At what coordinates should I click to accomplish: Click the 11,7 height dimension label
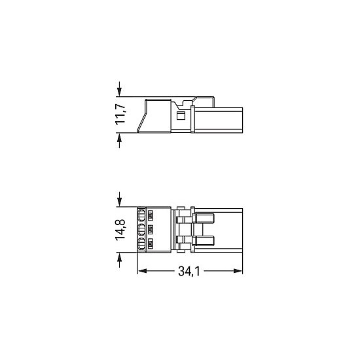pos(120,115)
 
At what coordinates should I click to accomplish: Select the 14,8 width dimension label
pos(120,230)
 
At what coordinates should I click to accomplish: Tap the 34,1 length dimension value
pos(189,271)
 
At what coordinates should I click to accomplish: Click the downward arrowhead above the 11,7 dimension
pos(119,92)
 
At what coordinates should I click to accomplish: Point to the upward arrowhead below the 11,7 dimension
pos(119,137)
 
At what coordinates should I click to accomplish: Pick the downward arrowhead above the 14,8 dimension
pos(119,202)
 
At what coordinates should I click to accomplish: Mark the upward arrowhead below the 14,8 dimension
pos(119,257)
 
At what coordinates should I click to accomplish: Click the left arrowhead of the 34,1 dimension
pos(142,271)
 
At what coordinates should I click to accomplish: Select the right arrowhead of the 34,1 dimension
pos(238,271)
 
